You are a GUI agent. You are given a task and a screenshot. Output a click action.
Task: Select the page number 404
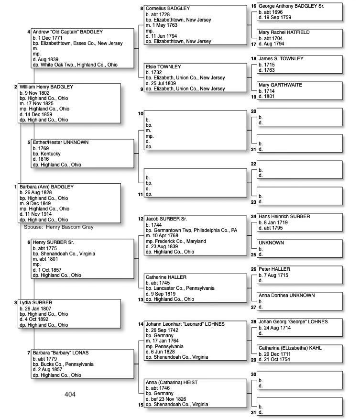(x=70, y=395)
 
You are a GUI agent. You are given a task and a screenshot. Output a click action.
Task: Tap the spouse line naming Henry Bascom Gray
(x=59, y=227)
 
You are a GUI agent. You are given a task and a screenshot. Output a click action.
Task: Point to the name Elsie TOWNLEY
(x=164, y=66)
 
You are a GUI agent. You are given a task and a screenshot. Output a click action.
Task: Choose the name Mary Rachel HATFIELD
(x=284, y=33)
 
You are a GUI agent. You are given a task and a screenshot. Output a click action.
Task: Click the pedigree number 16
(x=253, y=6)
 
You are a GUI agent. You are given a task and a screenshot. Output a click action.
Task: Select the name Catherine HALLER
(x=166, y=277)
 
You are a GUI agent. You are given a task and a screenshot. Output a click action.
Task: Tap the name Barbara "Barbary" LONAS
(x=61, y=353)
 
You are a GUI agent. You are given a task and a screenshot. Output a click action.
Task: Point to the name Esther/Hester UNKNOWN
(x=61, y=143)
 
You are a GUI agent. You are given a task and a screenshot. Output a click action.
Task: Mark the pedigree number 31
(x=253, y=412)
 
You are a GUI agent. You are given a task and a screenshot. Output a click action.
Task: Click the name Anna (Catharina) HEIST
(x=172, y=383)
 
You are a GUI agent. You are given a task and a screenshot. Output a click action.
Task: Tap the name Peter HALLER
(x=274, y=269)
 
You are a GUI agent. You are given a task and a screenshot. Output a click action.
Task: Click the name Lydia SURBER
(x=36, y=303)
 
